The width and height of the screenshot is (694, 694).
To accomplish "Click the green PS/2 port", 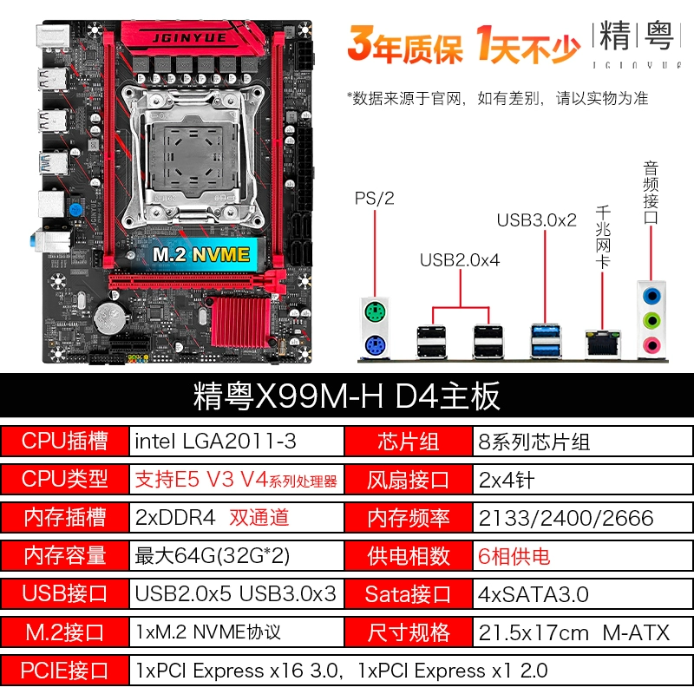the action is click(375, 311).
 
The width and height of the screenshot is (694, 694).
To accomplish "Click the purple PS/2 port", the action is click(375, 345).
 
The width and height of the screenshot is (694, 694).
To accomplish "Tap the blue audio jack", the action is click(651, 295).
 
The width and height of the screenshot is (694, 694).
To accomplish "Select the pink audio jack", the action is click(651, 344).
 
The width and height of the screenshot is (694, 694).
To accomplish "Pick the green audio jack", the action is click(651, 320).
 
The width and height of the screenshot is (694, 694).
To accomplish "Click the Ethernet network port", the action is click(602, 344).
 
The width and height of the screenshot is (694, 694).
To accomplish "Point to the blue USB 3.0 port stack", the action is click(546, 341).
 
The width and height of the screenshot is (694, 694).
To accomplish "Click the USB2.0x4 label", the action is click(460, 260).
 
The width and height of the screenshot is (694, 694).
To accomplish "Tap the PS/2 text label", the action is click(375, 199).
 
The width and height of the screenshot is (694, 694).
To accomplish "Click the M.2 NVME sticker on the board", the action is click(201, 254).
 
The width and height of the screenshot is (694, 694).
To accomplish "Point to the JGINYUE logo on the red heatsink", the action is click(189, 38).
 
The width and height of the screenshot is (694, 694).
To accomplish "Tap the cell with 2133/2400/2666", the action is click(583, 517).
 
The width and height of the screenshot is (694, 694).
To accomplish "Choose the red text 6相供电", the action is click(514, 556).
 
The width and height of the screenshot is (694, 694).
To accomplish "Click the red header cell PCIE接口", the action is click(64, 671).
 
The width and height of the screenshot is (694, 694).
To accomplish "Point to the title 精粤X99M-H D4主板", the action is click(346, 396).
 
